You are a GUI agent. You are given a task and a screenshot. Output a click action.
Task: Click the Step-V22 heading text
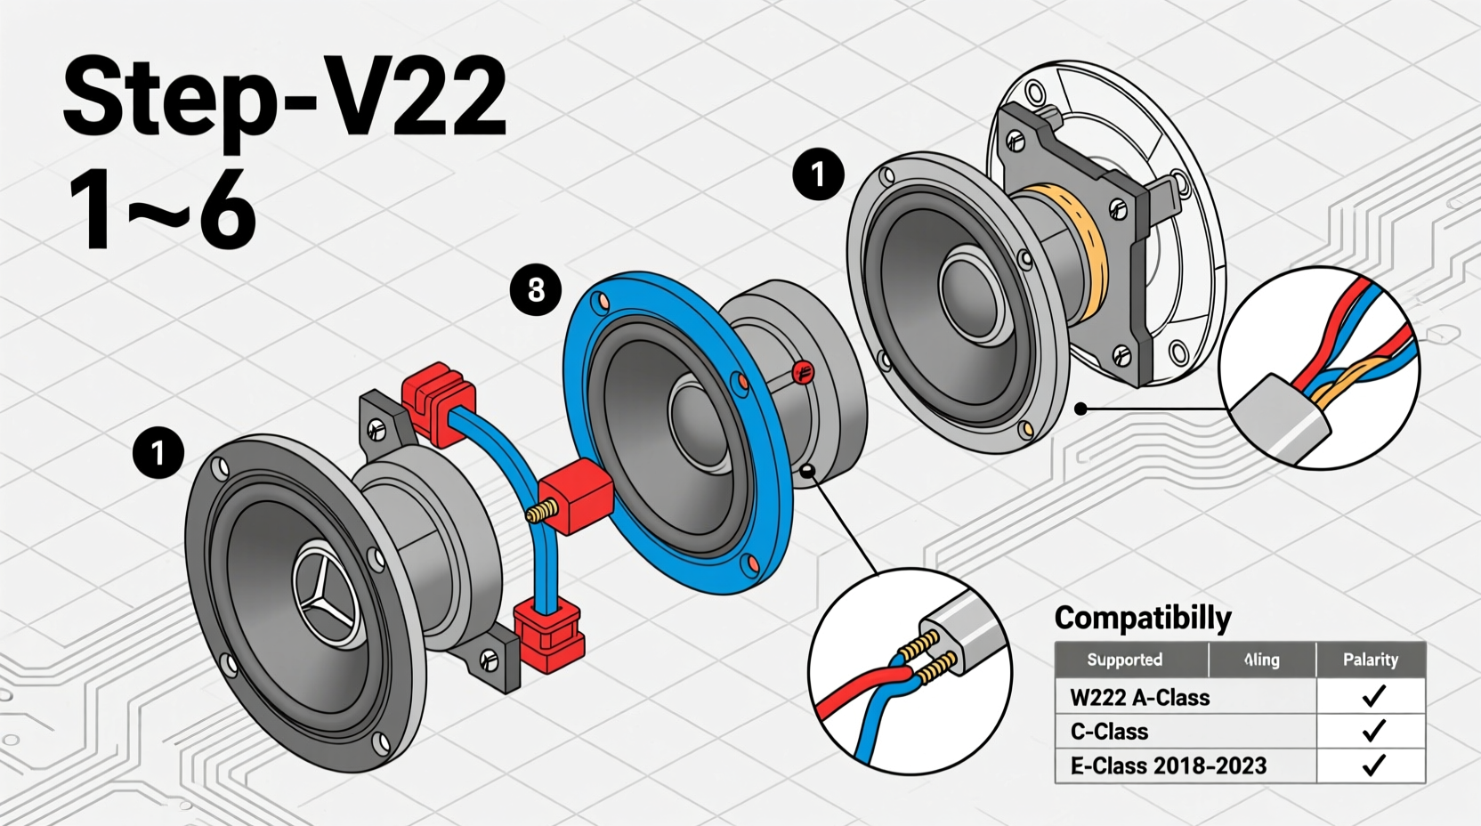(x=285, y=96)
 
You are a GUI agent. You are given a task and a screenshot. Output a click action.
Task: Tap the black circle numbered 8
(x=536, y=289)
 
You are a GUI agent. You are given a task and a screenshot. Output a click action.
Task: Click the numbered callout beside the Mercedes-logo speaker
(x=158, y=453)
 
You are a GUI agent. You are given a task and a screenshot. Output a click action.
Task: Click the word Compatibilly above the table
(x=1143, y=618)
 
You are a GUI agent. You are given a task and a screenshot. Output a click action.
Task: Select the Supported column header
(x=1125, y=660)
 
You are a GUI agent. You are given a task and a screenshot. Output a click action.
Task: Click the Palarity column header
(x=1370, y=660)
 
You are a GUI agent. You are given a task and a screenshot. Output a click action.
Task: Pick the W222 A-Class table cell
(x=1139, y=697)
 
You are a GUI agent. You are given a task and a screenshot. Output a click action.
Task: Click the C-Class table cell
(x=1109, y=732)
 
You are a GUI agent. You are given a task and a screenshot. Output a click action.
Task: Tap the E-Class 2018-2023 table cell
(x=1168, y=765)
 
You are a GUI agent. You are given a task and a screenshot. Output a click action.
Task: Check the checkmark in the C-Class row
(x=1373, y=731)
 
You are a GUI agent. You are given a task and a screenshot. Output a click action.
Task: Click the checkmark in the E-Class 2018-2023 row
(x=1373, y=765)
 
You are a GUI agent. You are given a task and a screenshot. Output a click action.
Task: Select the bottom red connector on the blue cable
(x=548, y=634)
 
